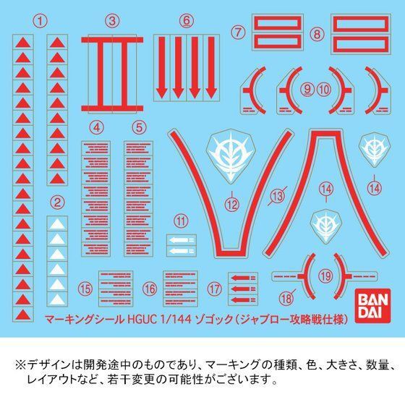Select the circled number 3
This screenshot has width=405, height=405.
coord(111,20)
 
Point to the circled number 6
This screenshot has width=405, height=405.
coord(186,20)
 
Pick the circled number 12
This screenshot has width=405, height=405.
coord(231,205)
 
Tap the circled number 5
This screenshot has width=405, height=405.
coord(138,127)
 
